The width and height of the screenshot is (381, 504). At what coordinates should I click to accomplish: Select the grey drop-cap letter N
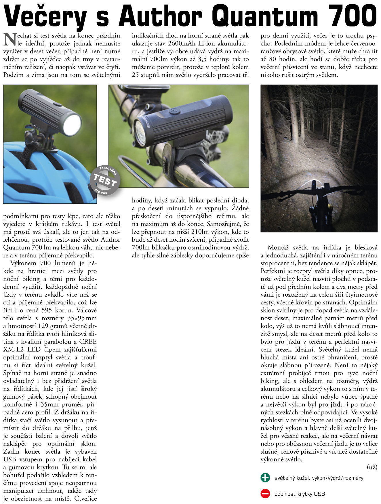9,39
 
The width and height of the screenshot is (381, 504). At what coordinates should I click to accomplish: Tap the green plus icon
265,478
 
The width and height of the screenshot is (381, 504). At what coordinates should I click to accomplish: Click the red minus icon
265,494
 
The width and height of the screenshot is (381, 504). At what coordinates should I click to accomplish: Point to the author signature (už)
372,467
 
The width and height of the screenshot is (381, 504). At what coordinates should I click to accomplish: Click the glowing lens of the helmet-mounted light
72,125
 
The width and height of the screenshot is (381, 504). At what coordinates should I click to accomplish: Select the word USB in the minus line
319,494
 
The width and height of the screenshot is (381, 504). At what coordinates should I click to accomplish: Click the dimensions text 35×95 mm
82,318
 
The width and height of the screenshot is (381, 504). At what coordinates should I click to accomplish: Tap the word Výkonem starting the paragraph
23,263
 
